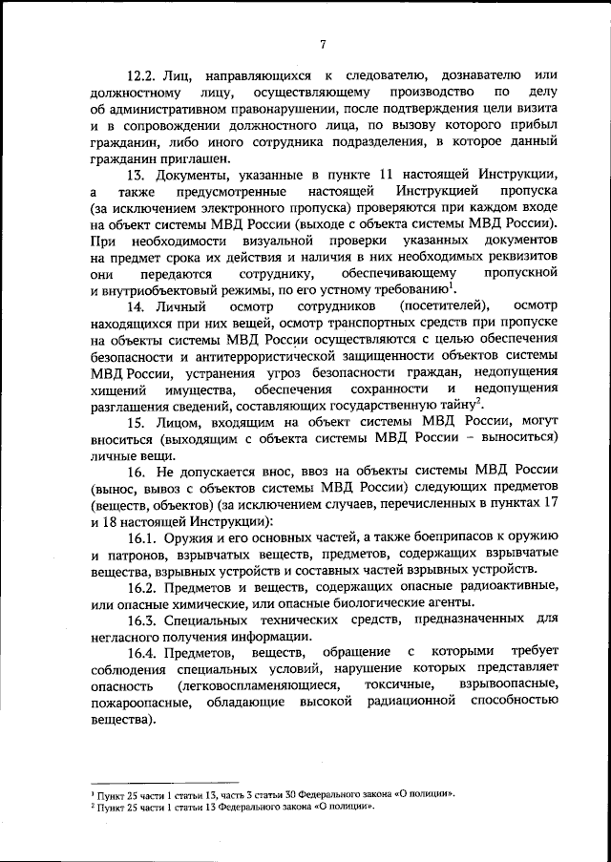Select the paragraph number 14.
(x=138, y=306)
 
